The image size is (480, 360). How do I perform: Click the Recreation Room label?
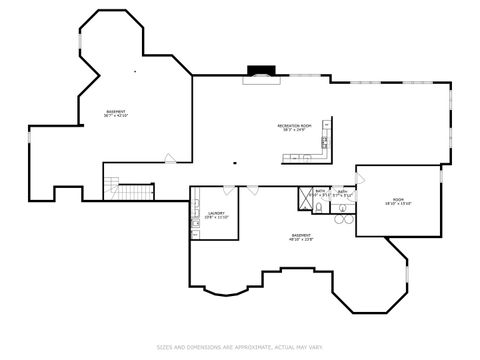pyautogui.click(x=295, y=126)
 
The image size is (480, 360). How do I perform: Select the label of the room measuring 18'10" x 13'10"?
pyautogui.click(x=397, y=202)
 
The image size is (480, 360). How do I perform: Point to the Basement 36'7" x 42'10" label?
pyautogui.click(x=117, y=113)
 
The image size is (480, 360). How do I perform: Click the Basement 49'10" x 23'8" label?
pyautogui.click(x=301, y=238)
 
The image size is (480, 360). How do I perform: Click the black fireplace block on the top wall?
pyautogui.click(x=262, y=72)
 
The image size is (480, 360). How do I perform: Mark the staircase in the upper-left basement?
pyautogui.click(x=127, y=188)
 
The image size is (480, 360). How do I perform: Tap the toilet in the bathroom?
pyautogui.click(x=317, y=207)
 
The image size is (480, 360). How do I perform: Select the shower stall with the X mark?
pyautogui.click(x=304, y=199)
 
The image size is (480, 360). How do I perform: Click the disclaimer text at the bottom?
pyautogui.click(x=240, y=347)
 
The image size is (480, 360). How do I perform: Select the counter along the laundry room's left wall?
pyautogui.click(x=195, y=222)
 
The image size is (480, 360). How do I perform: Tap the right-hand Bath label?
pyautogui.click(x=342, y=192)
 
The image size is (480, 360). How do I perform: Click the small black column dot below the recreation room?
pyautogui.click(x=233, y=164)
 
